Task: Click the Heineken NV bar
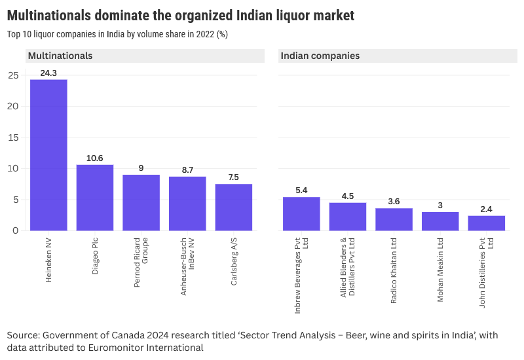48,155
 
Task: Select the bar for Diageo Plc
95,198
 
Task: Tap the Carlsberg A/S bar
234,207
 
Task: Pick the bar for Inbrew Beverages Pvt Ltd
301,214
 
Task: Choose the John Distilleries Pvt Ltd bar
486,223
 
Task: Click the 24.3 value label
48,73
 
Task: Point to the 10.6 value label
95,158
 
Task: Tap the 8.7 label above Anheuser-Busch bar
187,170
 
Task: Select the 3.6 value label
394,202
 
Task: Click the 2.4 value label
486,209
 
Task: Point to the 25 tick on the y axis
13,75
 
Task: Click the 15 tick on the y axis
13,137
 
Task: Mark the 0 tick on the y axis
16,230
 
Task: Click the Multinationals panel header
60,56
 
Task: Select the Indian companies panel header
320,56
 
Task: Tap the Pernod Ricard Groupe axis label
141,262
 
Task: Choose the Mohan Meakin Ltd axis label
440,270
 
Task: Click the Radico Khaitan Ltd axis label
394,270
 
